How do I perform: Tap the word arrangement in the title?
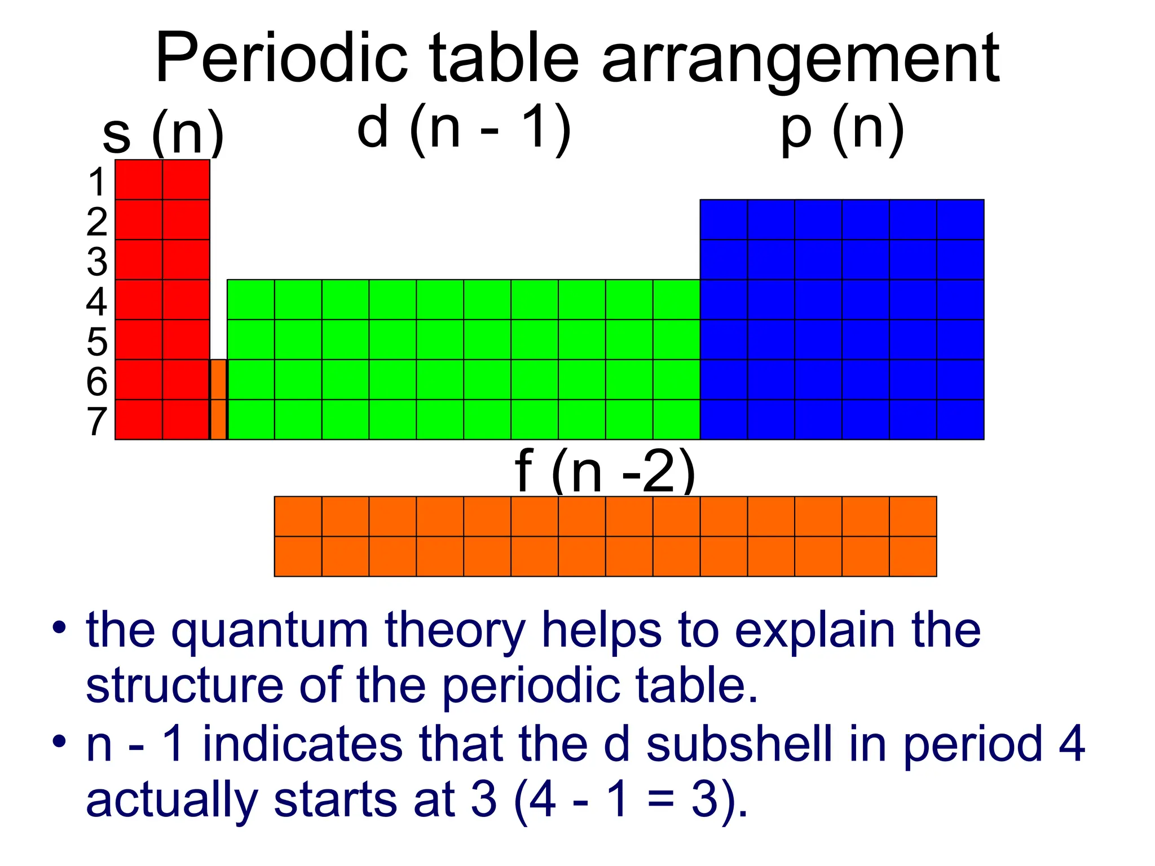pyautogui.click(x=800, y=60)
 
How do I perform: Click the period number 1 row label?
pyautogui.click(x=98, y=182)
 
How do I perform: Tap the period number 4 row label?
pyautogui.click(x=97, y=302)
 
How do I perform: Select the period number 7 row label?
pyautogui.click(x=97, y=421)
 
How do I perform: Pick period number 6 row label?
pyautogui.click(x=97, y=381)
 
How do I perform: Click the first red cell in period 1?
pyautogui.click(x=139, y=180)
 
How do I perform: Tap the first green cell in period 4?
pyautogui.click(x=251, y=299)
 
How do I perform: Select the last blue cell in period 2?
pyautogui.click(x=960, y=219)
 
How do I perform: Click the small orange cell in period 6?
pyautogui.click(x=218, y=379)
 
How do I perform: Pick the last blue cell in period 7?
pyautogui.click(x=960, y=419)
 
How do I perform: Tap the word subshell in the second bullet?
pyautogui.click(x=739, y=744)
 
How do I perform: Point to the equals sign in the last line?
pyautogui.click(x=660, y=801)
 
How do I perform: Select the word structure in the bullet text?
pyautogui.click(x=184, y=686)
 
